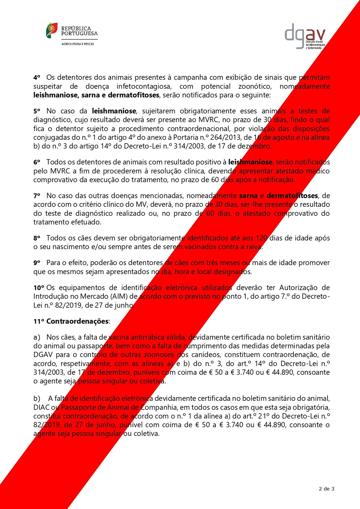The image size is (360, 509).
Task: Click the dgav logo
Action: [x=305, y=36]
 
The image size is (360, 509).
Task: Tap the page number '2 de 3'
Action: [x=326, y=489]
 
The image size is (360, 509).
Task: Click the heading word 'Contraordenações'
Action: [x=77, y=321]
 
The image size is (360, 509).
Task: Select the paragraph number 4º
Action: [x=37, y=78]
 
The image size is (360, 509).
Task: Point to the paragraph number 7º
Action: [x=37, y=196]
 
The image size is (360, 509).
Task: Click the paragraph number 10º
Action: [x=39, y=288]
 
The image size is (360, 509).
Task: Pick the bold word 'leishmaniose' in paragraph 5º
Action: [x=114, y=111]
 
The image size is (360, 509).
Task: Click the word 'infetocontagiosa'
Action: [x=144, y=87]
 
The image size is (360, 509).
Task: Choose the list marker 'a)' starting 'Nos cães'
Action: [x=37, y=337]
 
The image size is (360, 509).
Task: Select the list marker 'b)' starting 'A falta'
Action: [x=37, y=399]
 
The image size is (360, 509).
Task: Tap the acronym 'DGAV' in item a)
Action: [x=43, y=355]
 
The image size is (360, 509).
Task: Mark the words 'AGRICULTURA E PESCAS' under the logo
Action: [x=78, y=44]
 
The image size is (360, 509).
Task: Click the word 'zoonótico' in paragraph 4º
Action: [x=255, y=87]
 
